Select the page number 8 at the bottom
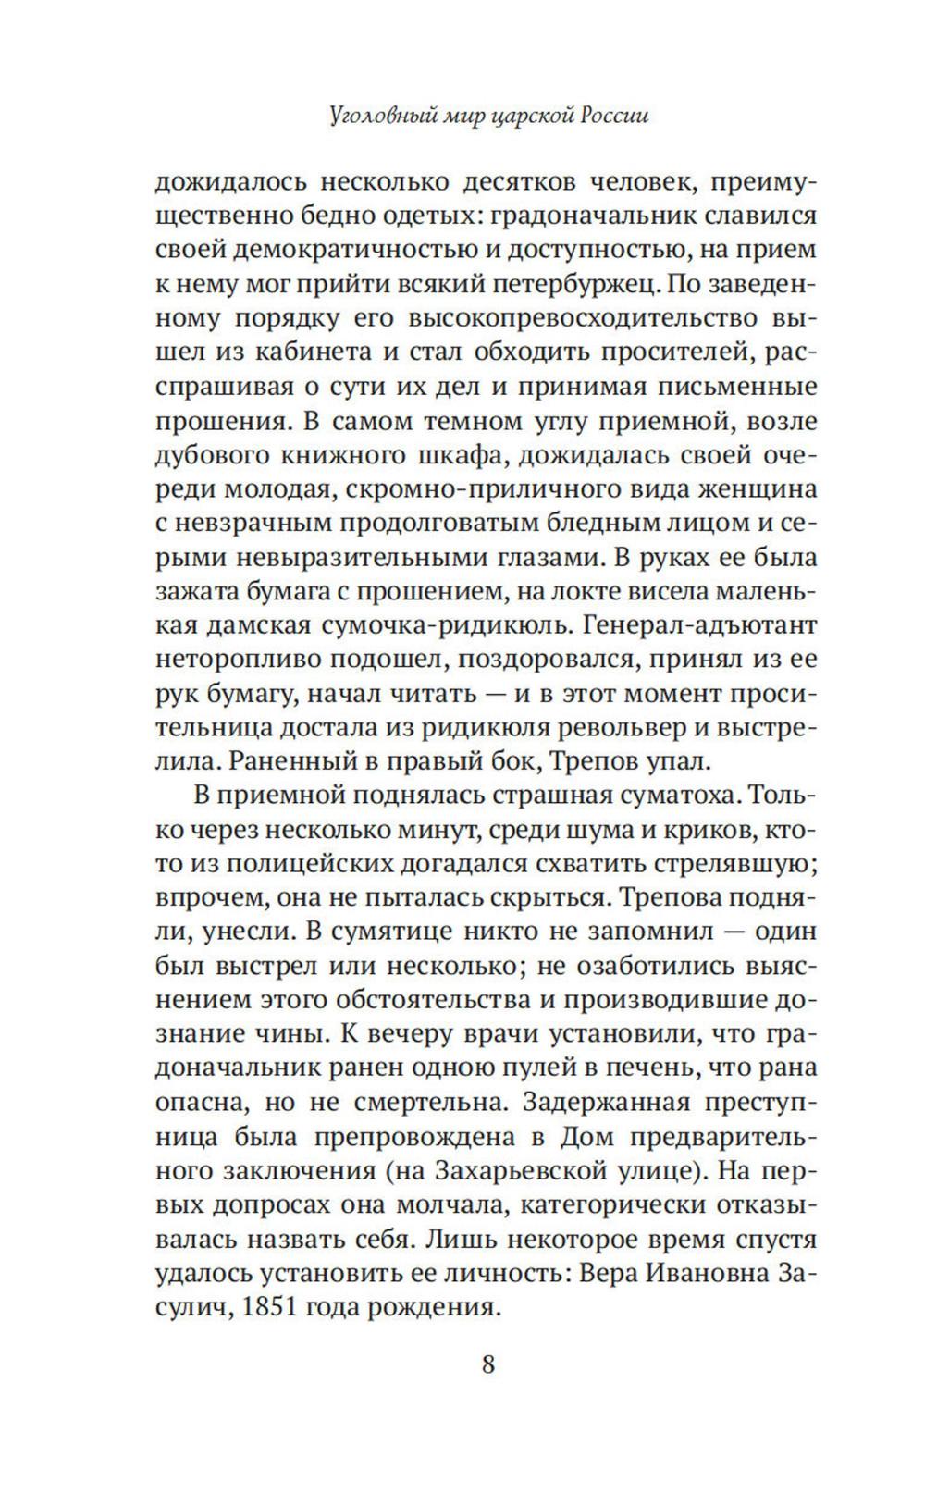[x=488, y=1364]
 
